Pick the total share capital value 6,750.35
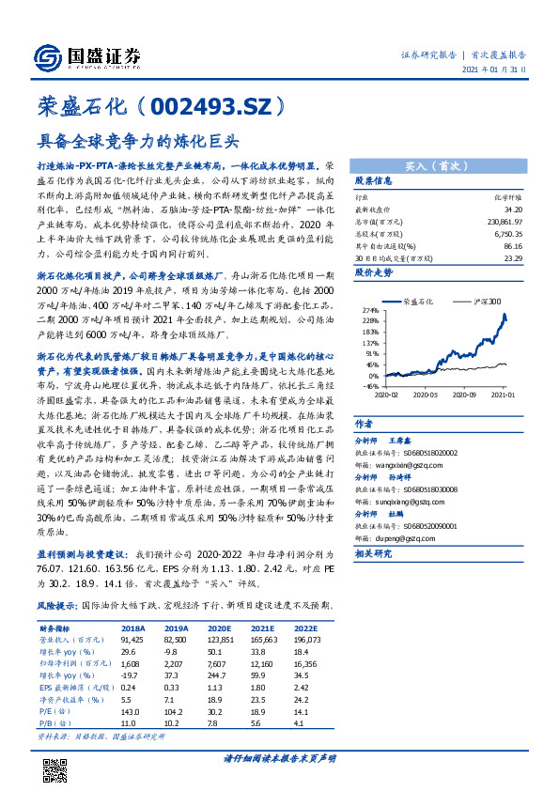(508, 233)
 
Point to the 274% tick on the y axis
(371, 310)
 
